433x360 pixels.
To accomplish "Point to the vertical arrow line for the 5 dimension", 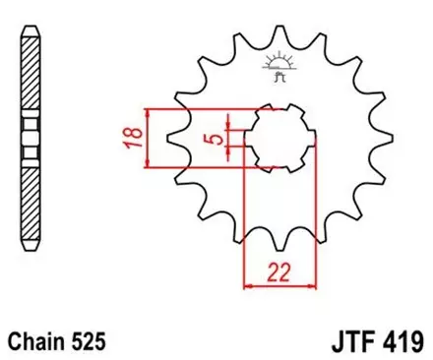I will click(x=228, y=138).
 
